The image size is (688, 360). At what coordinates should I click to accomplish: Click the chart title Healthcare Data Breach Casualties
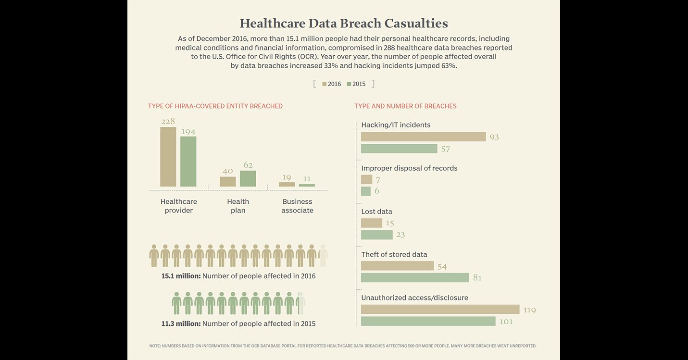[344, 24]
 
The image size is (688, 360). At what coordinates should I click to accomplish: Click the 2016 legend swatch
[325, 84]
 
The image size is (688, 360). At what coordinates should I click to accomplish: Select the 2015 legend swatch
[349, 84]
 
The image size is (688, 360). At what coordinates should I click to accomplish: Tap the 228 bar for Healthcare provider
[168, 157]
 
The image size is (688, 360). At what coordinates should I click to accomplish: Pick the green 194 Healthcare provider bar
[188, 161]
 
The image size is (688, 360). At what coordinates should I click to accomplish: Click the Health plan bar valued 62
[248, 178]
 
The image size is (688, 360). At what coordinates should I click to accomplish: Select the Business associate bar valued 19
[287, 184]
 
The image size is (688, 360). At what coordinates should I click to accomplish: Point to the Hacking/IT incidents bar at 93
[423, 137]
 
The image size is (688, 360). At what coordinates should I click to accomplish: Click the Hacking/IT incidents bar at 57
[399, 149]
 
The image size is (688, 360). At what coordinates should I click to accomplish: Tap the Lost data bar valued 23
[376, 235]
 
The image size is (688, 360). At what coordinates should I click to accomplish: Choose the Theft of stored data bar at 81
[414, 277]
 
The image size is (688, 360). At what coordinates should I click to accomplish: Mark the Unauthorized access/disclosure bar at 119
[440, 310]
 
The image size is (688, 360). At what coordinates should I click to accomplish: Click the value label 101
[506, 322]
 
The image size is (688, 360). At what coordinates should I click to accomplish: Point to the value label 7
[378, 180]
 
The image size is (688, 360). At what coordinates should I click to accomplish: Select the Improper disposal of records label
[409, 168]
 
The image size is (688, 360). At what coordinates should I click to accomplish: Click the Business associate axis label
[297, 206]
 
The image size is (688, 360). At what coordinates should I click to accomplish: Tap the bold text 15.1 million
[181, 276]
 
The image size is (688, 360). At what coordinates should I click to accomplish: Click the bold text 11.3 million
[181, 323]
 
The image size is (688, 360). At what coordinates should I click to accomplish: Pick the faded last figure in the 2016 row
[323, 256]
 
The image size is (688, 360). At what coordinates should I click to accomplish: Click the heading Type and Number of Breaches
[405, 106]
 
